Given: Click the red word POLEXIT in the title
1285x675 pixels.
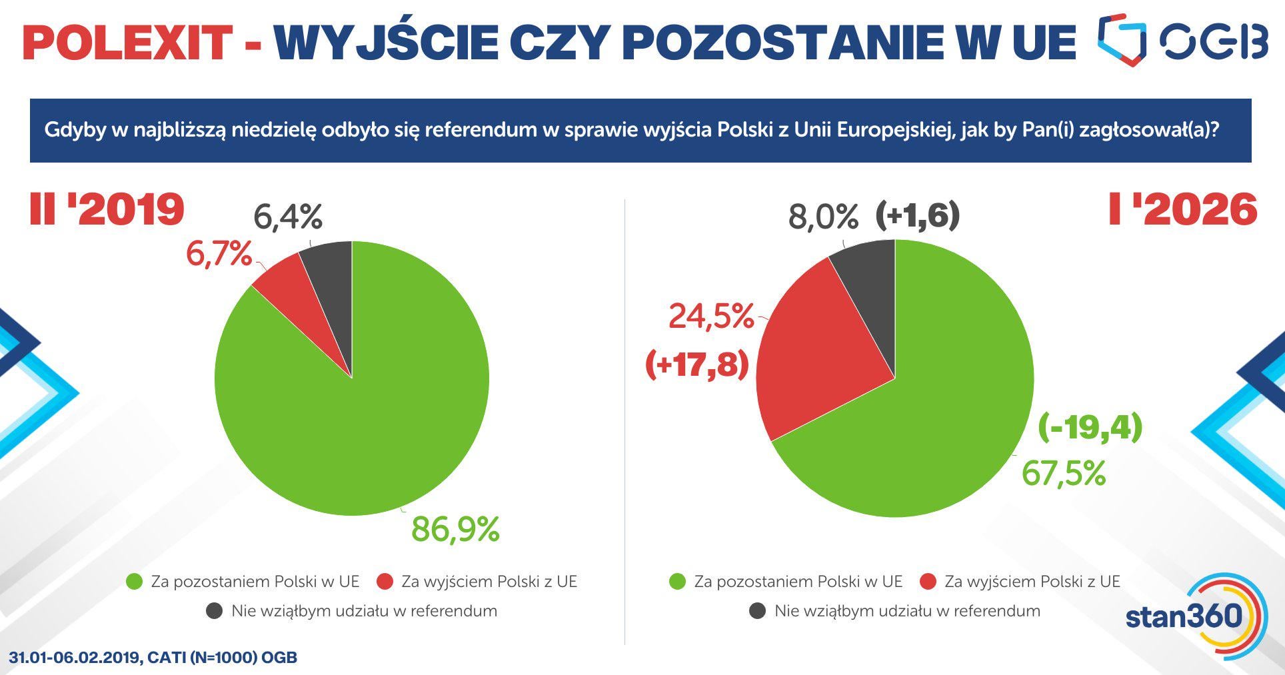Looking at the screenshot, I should [x=127, y=42].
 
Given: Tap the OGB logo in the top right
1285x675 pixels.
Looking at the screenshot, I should [x=1182, y=40].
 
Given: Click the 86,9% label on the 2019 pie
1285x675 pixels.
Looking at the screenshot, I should [x=455, y=529].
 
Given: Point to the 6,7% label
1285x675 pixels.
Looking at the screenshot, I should [x=219, y=255].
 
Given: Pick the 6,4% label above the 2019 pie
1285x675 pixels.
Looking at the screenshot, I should [x=288, y=217].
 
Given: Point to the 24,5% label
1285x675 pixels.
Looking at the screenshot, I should [x=710, y=316].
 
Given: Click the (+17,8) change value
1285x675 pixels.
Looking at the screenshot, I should [x=697, y=365].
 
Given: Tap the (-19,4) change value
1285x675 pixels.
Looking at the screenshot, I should [x=1090, y=427].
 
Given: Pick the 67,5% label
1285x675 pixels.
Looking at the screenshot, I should [x=1064, y=474].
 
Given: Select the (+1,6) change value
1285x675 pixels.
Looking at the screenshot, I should [x=917, y=216].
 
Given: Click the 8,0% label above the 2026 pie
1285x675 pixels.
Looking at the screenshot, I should [x=823, y=217].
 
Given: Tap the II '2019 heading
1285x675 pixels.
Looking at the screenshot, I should [x=107, y=209].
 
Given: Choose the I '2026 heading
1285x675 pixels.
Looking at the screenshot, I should [x=1182, y=209].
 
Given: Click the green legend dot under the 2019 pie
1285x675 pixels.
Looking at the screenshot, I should [x=135, y=582].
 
